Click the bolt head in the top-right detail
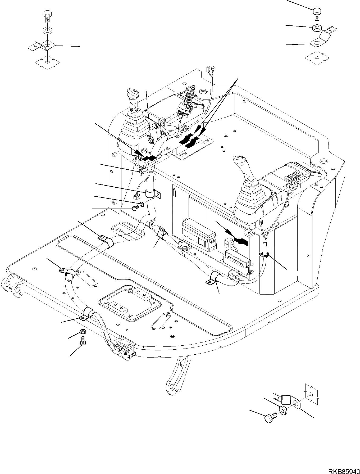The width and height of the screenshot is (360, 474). click(317, 11)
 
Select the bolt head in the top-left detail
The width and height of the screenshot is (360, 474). click(47, 14)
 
